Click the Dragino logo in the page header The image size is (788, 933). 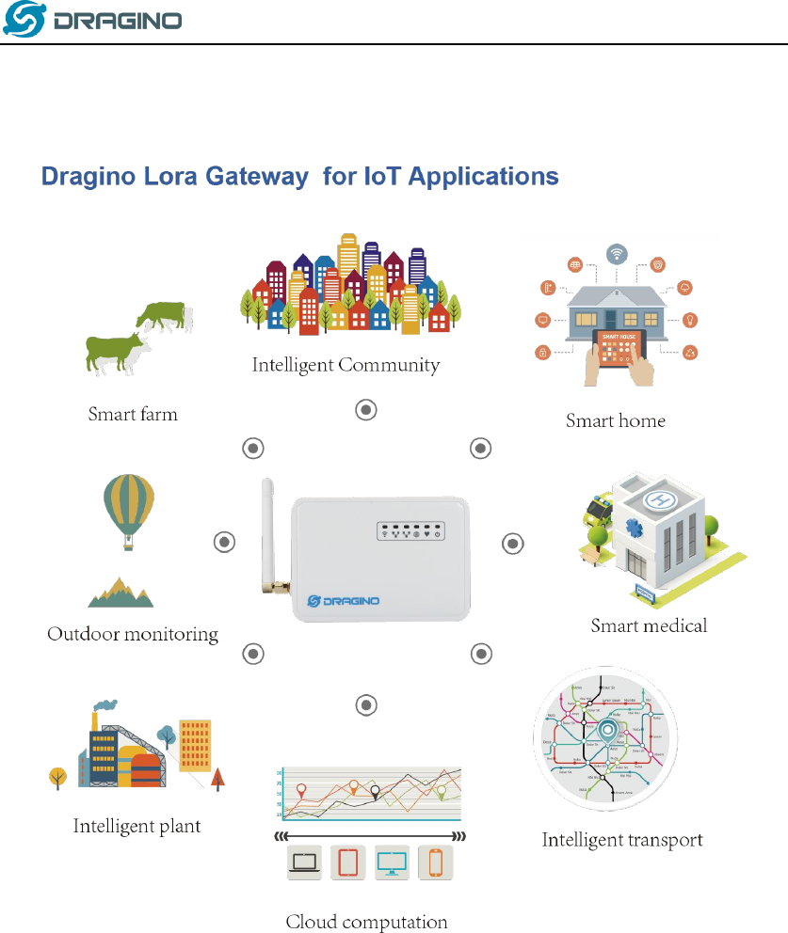92,21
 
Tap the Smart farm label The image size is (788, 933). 133,414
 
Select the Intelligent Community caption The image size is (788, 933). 346,365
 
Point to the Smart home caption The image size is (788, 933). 615,420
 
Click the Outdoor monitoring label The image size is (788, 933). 133,634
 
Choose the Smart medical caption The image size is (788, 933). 649,625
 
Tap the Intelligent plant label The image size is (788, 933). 137,827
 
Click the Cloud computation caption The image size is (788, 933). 366,922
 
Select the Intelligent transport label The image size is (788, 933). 622,840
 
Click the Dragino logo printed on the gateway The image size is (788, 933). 344,601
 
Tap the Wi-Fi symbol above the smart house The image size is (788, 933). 617,254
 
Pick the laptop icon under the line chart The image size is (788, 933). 303,861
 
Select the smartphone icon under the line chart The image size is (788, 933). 435,861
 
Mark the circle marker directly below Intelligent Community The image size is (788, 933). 366,410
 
